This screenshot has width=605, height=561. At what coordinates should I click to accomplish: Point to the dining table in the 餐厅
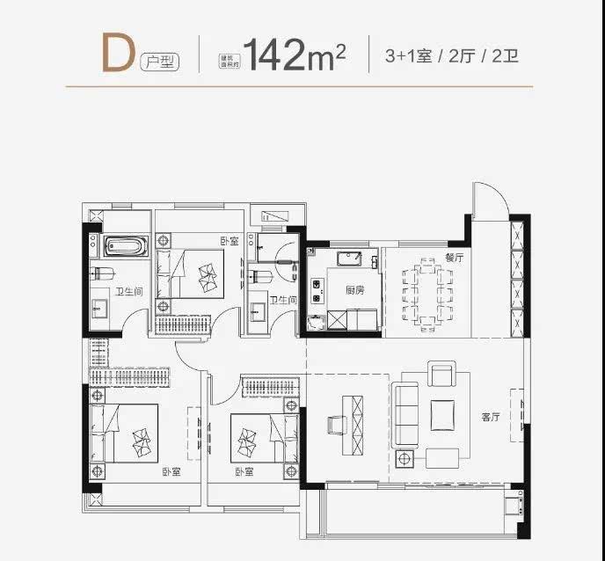coord(427,291)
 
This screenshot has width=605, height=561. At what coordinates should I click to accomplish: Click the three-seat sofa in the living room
coord(405,409)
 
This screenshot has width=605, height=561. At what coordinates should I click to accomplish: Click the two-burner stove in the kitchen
coord(316,289)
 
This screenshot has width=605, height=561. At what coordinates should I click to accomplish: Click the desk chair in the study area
coord(335,425)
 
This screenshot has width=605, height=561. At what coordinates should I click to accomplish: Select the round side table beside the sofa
coord(405,458)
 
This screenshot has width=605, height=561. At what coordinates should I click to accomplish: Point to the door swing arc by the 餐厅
coord(486,200)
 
